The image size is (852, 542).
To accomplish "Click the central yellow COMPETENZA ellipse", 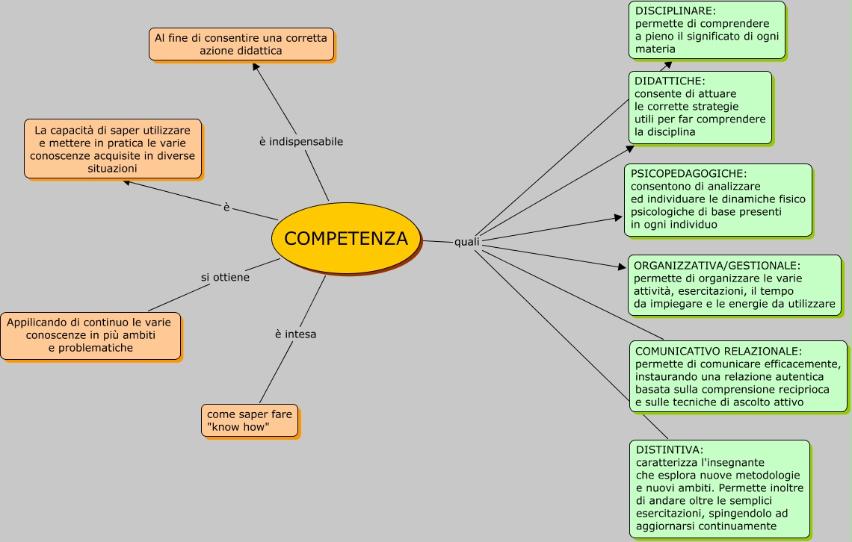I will click(x=346, y=238).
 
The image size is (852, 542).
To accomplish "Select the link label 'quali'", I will click(x=467, y=242).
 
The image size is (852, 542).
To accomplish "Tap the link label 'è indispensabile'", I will click(x=301, y=141).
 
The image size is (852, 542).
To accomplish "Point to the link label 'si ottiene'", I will click(x=225, y=277).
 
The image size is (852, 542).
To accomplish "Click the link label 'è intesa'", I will click(x=295, y=334).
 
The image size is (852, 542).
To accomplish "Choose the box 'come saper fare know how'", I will click(x=250, y=421).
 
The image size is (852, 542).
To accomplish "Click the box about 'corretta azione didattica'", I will click(x=241, y=44).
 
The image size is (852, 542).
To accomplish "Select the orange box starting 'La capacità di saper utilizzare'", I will click(x=113, y=149).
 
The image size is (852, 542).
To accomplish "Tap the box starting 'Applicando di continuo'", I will click(x=90, y=335).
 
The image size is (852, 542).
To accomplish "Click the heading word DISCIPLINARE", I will click(x=676, y=11).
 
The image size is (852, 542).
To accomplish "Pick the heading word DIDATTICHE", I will click(x=670, y=81).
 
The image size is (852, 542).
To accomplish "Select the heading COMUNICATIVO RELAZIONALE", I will click(x=718, y=351).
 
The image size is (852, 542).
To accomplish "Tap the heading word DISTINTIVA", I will click(x=669, y=449).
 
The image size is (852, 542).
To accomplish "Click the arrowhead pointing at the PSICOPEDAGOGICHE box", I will click(x=618, y=217).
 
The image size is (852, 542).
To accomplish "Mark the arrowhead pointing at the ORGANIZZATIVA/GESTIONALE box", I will click(x=622, y=267).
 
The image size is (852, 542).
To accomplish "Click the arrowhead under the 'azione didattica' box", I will click(x=256, y=66).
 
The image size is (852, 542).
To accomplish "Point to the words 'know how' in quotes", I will click(x=238, y=428).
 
